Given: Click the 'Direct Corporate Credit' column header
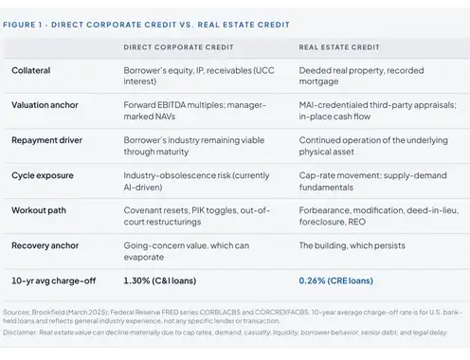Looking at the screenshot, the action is tap(178, 47).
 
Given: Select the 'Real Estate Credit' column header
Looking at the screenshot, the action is tap(339, 47).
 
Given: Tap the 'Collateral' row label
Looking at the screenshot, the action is tap(31, 70).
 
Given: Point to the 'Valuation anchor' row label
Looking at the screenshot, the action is tap(45, 105).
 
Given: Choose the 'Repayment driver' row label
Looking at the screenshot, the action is tap(46, 140).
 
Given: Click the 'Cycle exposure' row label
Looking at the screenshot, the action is tap(43, 175).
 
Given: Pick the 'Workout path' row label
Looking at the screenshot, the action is tap(39, 210).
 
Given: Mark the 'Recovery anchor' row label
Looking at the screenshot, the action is tap(45, 245).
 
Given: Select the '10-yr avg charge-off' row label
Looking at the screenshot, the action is tap(54, 280).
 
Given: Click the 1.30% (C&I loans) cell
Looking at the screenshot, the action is tap(160, 280).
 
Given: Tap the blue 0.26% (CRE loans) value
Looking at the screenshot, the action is tap(336, 280).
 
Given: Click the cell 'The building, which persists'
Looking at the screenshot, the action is tap(352, 245).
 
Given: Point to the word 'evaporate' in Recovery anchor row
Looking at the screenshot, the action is tap(144, 258).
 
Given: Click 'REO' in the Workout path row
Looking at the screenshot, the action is tap(356, 222).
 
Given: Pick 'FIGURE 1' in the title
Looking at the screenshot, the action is tap(23, 25).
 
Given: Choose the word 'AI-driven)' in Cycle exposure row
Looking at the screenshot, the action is tap(143, 188).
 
